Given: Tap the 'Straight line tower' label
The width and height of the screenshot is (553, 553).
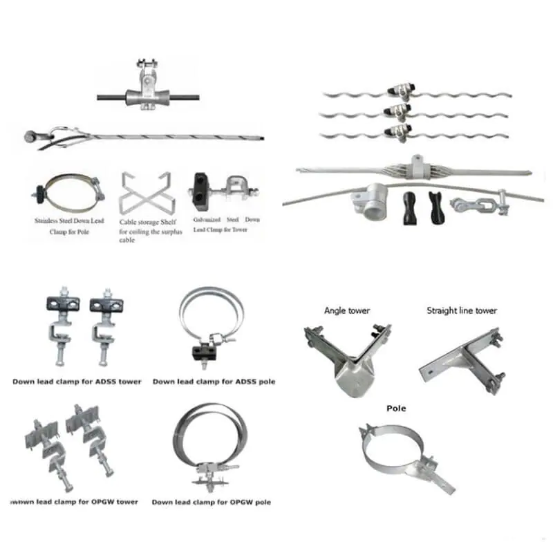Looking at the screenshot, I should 461,311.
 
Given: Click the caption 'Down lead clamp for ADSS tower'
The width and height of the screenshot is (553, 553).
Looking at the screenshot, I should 77,382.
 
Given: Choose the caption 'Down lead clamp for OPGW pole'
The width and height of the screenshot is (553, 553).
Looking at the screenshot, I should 211,503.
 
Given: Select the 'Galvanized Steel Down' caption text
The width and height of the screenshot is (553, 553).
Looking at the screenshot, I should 226,220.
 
